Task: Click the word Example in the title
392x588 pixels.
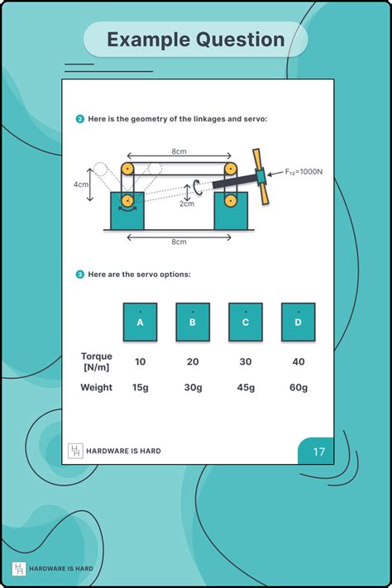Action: click(x=146, y=40)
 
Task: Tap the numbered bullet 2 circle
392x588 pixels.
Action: click(x=79, y=119)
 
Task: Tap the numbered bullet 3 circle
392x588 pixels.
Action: click(x=79, y=274)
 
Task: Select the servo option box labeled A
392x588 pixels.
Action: click(x=140, y=323)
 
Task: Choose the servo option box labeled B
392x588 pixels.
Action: click(x=193, y=323)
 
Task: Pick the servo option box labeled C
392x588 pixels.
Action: click(x=246, y=323)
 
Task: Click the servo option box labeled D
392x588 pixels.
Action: click(x=298, y=323)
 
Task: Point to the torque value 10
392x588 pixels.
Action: click(x=140, y=361)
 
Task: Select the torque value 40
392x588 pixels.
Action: click(x=298, y=361)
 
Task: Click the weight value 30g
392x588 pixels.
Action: click(x=193, y=387)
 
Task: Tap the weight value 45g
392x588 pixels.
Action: click(x=246, y=387)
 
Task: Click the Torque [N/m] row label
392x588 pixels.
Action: click(x=97, y=361)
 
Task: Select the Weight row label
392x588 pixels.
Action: click(x=97, y=387)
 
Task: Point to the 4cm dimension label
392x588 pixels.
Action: click(x=80, y=184)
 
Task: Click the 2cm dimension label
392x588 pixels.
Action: click(x=188, y=203)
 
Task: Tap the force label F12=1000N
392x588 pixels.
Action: click(x=303, y=172)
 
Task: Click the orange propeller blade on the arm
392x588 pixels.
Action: click(x=261, y=175)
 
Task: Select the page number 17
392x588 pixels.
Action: click(x=318, y=452)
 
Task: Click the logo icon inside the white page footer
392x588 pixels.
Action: click(x=75, y=451)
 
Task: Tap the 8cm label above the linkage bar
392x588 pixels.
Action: click(x=179, y=151)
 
